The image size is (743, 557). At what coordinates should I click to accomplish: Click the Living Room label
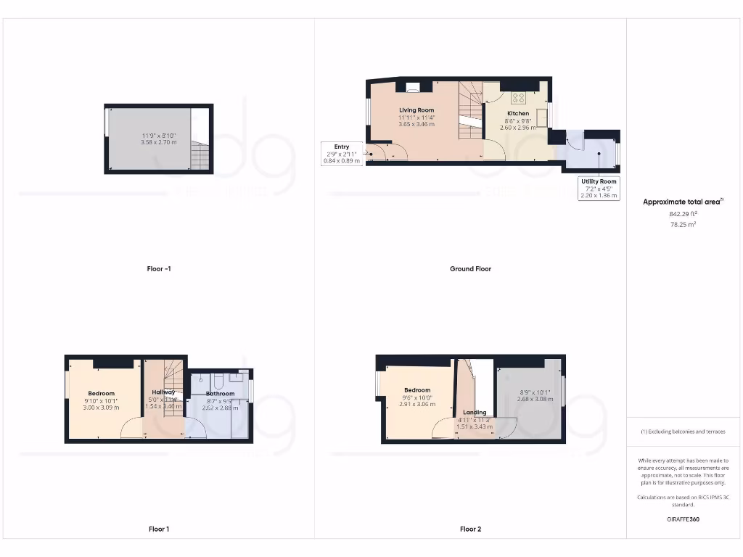point(416,110)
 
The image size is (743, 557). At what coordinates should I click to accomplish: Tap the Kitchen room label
point(517,113)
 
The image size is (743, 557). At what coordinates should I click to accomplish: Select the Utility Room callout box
point(599,189)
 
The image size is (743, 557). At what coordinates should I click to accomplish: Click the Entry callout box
point(341,154)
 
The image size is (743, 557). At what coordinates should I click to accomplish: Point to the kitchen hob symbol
point(519,97)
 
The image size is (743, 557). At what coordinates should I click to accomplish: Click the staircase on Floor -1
point(200,154)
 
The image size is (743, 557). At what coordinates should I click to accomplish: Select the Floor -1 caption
point(158,269)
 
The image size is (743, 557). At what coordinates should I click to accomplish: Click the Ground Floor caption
point(470,269)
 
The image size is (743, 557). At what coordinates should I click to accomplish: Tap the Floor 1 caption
point(158,529)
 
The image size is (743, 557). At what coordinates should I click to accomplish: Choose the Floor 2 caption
point(470,529)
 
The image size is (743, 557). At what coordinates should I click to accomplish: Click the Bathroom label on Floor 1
point(220,394)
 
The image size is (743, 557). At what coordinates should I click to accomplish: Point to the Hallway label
point(163,392)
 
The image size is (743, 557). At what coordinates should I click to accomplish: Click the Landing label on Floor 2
point(475,413)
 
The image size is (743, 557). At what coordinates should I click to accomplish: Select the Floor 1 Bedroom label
point(102,393)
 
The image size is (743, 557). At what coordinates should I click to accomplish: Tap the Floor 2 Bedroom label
point(417,390)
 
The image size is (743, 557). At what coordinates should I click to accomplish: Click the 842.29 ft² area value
point(683,214)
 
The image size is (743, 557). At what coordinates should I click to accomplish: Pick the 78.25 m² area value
point(683,225)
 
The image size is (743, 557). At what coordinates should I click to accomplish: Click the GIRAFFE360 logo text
point(682,520)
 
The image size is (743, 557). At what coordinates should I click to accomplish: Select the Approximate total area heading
point(682,202)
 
